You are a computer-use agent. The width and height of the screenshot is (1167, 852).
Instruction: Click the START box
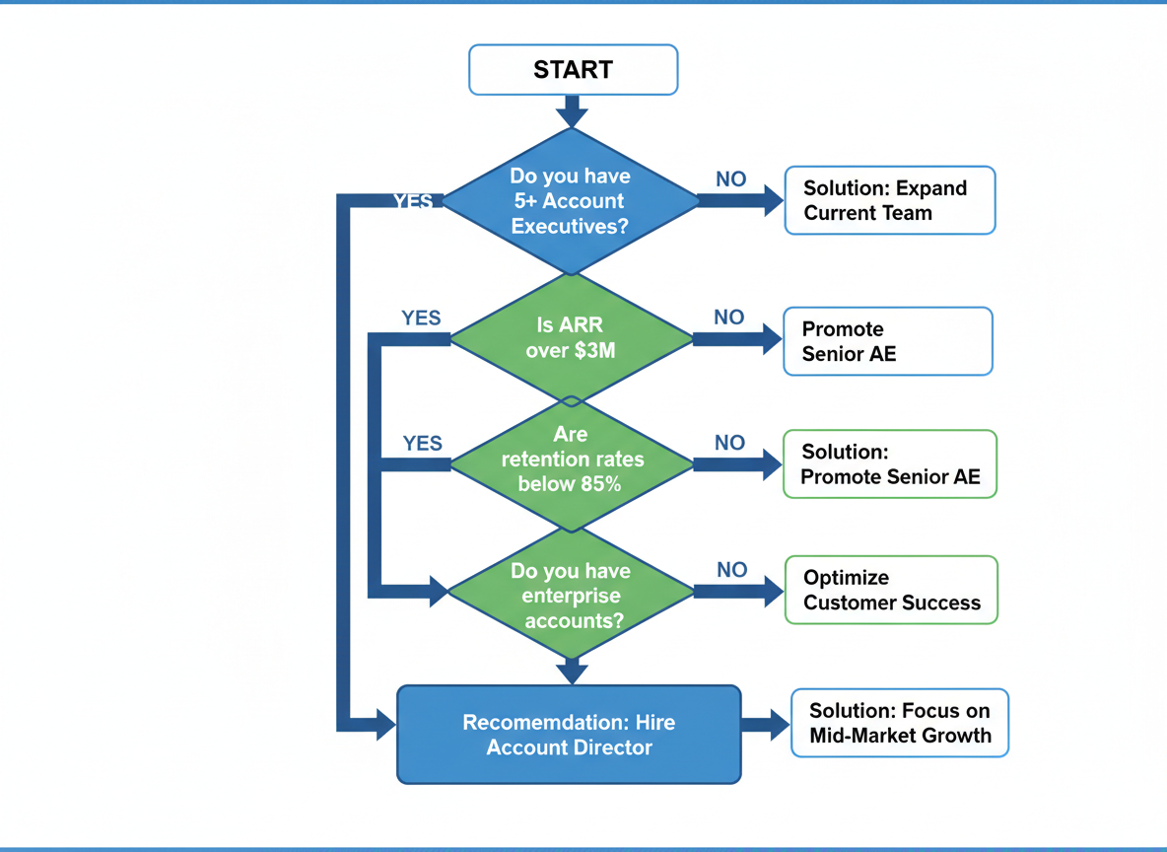573,70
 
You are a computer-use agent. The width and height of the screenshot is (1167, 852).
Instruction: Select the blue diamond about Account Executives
571,201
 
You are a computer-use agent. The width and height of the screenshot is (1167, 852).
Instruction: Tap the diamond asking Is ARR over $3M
571,337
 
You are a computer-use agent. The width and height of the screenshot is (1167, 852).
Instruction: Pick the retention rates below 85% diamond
571,460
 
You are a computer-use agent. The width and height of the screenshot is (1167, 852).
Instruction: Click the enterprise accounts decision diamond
571,595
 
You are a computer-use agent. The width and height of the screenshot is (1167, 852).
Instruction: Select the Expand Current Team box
889,200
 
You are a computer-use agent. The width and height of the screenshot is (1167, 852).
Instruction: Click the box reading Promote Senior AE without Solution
887,341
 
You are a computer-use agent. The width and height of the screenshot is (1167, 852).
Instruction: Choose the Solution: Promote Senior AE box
889,464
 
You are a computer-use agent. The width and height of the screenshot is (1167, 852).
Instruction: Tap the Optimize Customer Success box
891,590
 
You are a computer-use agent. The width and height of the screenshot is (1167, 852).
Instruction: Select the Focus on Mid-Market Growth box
899,723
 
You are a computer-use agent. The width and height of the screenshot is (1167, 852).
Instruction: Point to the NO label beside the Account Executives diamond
730,179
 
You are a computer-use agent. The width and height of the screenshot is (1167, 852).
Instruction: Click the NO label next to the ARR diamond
729,318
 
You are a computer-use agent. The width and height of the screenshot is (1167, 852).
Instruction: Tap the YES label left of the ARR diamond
421,319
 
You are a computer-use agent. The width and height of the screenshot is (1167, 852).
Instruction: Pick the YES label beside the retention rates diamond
423,444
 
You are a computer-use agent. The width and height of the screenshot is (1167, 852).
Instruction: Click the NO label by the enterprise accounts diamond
731,570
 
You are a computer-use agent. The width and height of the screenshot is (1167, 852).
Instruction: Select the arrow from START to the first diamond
572,110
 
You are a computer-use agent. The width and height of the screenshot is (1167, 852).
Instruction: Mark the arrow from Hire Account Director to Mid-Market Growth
765,724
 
